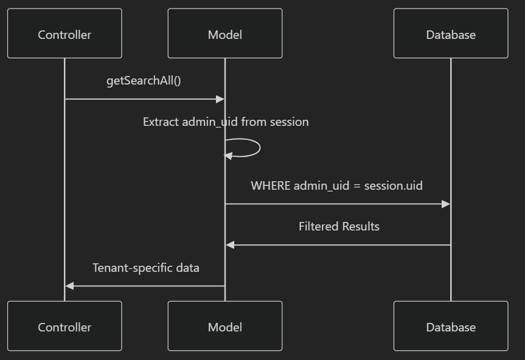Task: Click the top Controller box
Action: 64,33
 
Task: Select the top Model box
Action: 225,33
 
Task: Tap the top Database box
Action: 451,33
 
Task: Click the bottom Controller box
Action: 64,327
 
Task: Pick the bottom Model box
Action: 225,327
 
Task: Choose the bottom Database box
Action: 451,327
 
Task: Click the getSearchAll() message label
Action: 144,80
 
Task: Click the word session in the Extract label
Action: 289,122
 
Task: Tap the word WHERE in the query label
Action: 271,185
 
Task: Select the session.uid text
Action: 393,185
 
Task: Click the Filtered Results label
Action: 339,226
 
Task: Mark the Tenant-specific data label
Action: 146,268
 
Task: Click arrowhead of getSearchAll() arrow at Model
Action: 220,99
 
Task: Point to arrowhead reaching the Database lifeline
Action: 446,204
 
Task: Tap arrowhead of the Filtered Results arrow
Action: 230,245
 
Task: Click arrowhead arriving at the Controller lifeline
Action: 69,286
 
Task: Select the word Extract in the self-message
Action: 161,122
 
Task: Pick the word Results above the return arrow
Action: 360,226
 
